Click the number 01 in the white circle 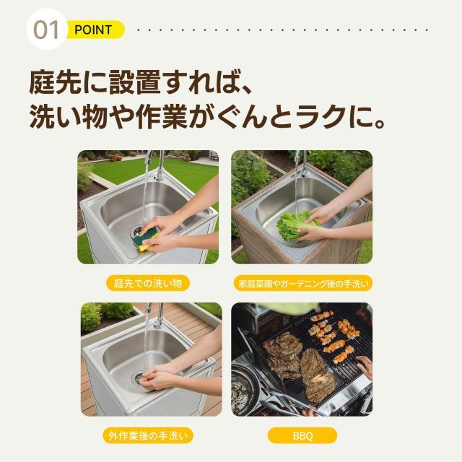coord(46,30)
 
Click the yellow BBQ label coord(302,435)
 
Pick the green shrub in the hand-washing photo coord(92,315)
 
